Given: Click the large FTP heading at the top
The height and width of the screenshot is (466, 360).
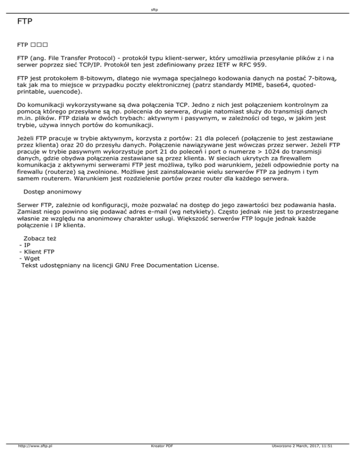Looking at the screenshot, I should click(24, 22).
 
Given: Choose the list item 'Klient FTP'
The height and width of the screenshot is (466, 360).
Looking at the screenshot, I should click(39, 252).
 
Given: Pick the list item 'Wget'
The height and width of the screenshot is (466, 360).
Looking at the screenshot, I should click(32, 258).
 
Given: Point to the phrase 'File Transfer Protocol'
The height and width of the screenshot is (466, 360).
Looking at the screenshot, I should click(78, 58).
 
